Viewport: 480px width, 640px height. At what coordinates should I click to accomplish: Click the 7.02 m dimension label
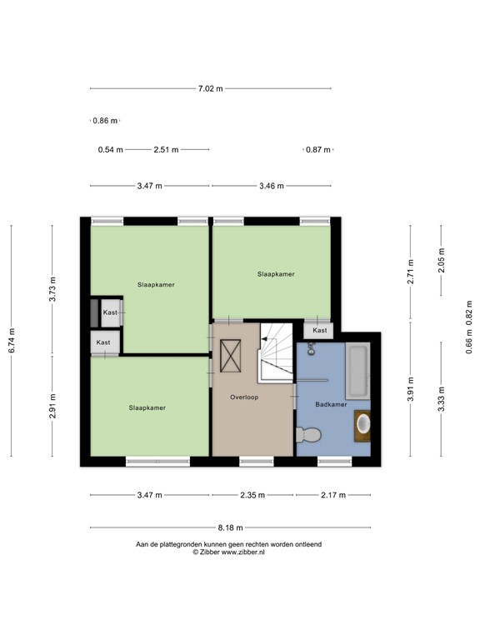(210, 88)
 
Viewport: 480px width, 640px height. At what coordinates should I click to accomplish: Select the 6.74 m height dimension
(12, 340)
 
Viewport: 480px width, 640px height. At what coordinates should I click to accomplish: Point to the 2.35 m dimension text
(252, 495)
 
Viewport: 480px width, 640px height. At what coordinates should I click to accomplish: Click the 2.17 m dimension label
(333, 495)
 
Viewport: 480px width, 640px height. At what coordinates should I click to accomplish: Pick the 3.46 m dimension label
(272, 186)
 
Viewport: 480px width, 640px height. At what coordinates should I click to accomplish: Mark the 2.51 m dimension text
(166, 150)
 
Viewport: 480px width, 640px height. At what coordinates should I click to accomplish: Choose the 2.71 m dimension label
(411, 273)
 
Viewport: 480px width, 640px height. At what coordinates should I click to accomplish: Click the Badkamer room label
(331, 404)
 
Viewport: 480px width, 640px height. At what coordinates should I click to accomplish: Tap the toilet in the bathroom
(310, 434)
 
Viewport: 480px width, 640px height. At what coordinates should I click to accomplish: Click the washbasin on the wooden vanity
(362, 423)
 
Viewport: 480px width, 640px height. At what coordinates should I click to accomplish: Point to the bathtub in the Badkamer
(358, 370)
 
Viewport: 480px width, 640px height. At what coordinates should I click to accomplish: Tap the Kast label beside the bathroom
(320, 331)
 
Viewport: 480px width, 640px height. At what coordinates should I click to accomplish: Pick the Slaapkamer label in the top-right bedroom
(276, 273)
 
